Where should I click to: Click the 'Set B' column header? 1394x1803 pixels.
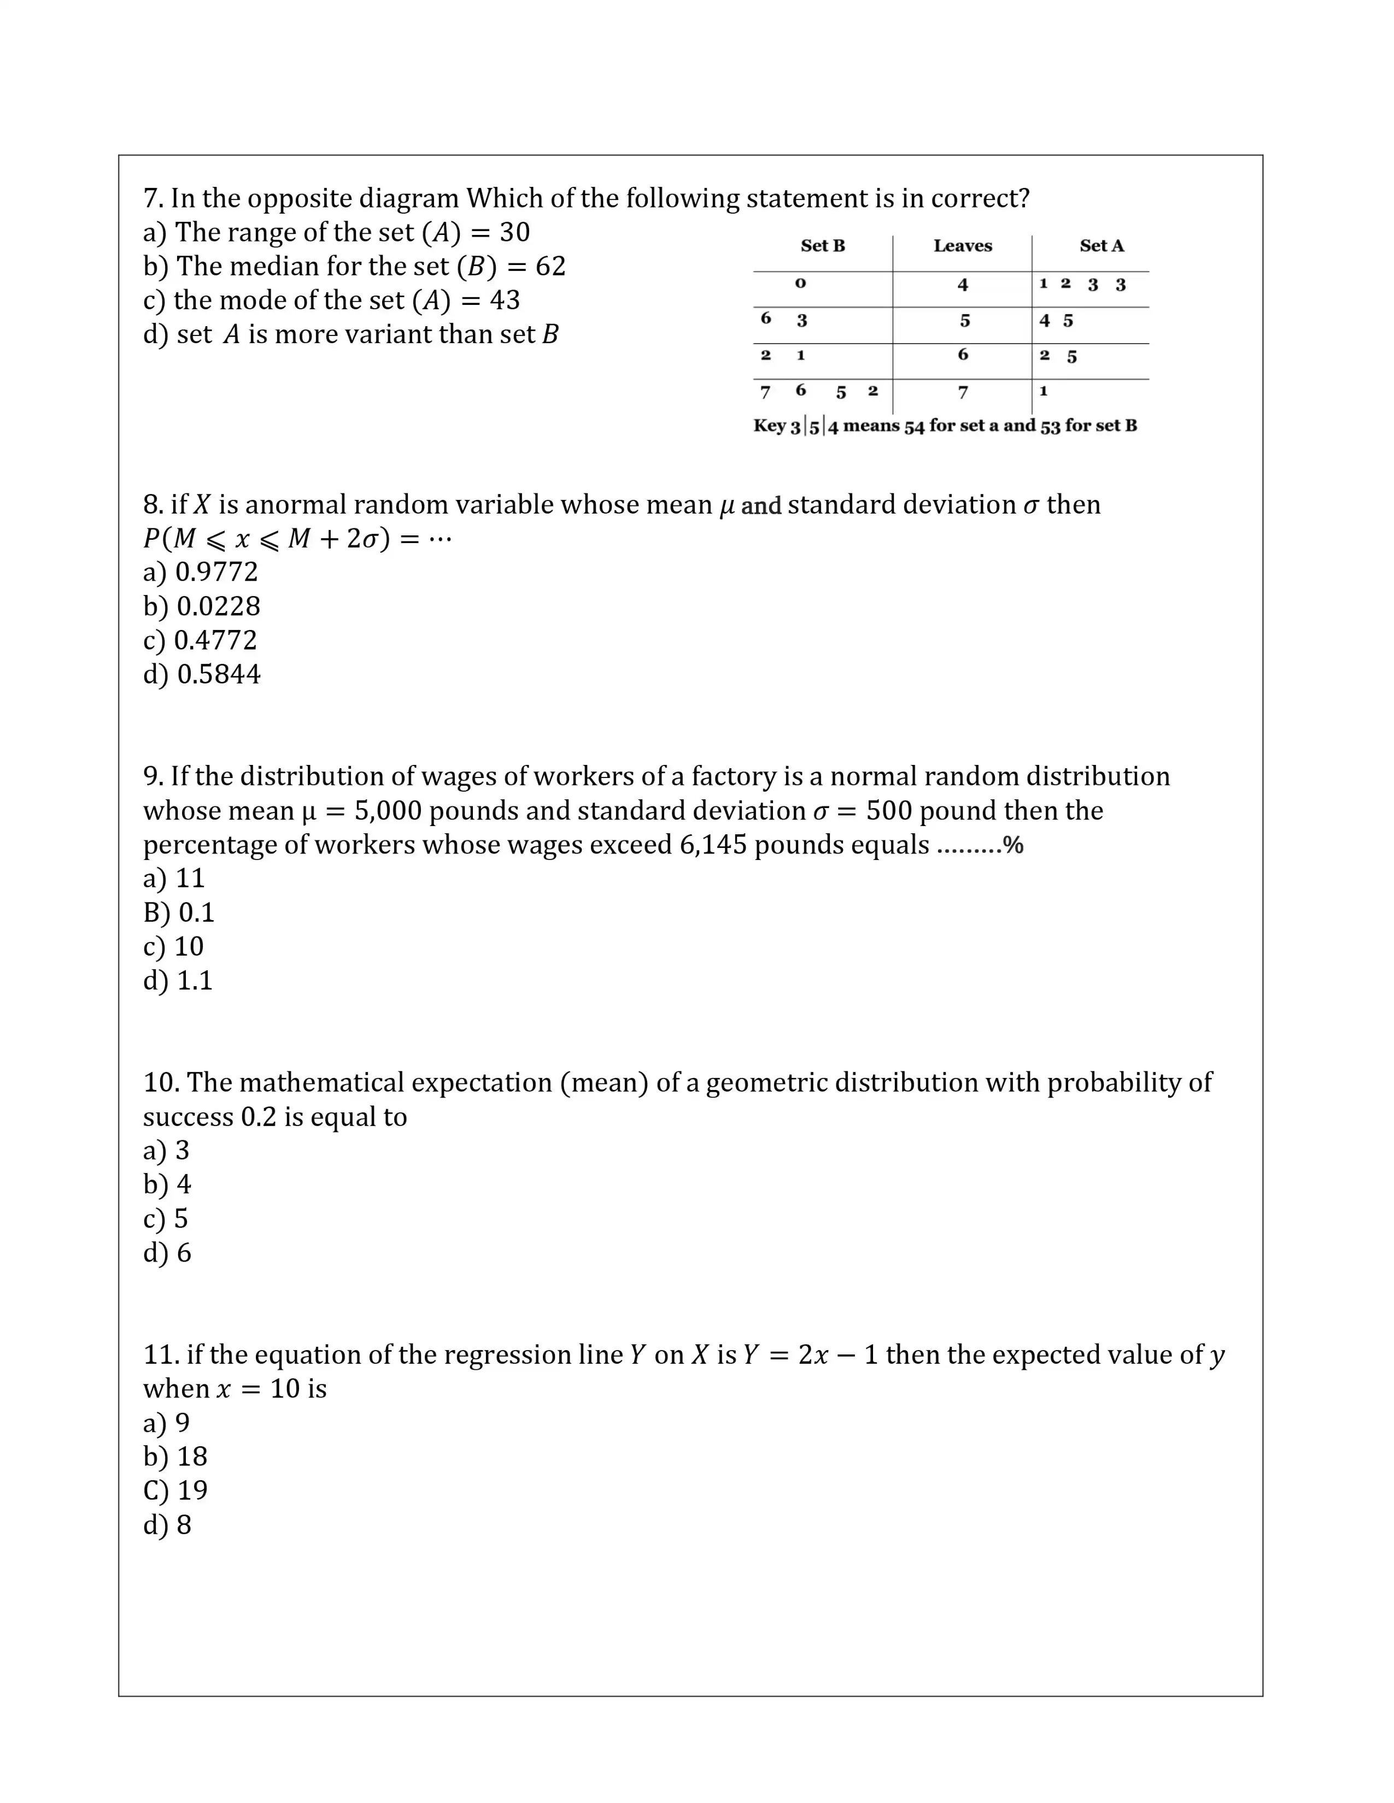pyautogui.click(x=823, y=246)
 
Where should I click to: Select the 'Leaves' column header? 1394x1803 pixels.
pyautogui.click(x=962, y=246)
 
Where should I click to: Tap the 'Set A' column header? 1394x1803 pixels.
pyautogui.click(x=1101, y=246)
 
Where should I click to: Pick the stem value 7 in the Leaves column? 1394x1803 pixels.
pyautogui.click(x=962, y=393)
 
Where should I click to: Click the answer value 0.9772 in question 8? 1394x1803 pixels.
pyautogui.click(x=216, y=572)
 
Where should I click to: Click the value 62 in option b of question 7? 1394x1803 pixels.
pyautogui.click(x=550, y=267)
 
